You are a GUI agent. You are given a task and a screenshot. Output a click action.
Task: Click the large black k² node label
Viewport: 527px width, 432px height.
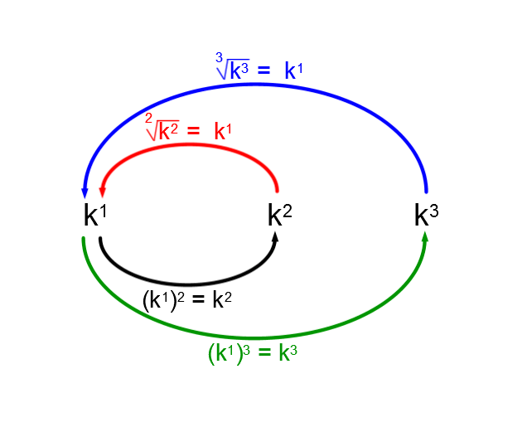pyautogui.click(x=279, y=216)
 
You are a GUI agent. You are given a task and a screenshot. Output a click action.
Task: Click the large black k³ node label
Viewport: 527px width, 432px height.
pyautogui.click(x=426, y=216)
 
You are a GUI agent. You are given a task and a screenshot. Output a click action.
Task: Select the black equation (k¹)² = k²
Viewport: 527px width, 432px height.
pyautogui.click(x=186, y=300)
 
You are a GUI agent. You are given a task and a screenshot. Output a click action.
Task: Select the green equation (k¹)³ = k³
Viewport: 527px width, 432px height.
pyautogui.click(x=252, y=353)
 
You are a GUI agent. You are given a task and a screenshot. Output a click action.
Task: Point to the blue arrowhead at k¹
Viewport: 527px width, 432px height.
pyautogui.click(x=85, y=192)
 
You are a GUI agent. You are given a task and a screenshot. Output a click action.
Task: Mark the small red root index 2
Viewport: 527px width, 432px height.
pyautogui.click(x=149, y=119)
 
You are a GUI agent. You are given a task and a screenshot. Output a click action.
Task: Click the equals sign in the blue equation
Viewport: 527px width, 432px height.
pyautogui.click(x=263, y=71)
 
